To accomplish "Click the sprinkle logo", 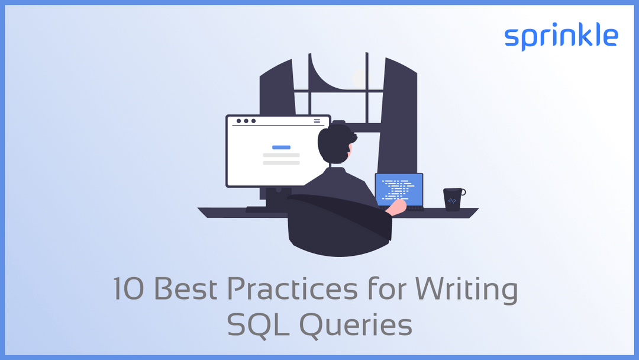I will pyautogui.click(x=561, y=37).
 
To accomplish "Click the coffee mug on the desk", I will pyautogui.click(x=453, y=199).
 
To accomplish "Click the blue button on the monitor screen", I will pyautogui.click(x=281, y=147).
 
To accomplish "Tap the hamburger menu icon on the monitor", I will pyautogui.click(x=317, y=121).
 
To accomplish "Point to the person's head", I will pyautogui.click(x=335, y=144).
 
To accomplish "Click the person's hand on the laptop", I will pyautogui.click(x=396, y=205).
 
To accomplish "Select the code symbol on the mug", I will pyautogui.click(x=452, y=201).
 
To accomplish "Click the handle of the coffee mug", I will pyautogui.click(x=463, y=192).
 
